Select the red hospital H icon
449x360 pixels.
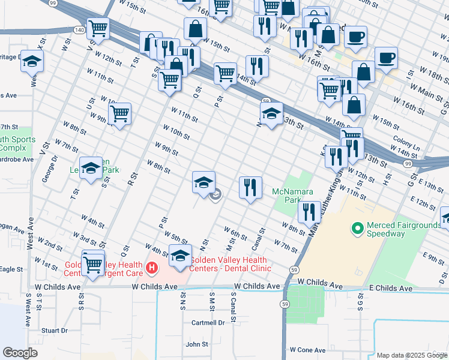pos(152,267)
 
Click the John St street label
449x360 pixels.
pos(197,344)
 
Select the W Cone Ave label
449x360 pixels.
pos(307,349)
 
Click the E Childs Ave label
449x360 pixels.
pos(391,289)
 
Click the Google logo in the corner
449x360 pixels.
pos(20,353)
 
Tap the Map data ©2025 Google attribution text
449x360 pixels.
pos(412,355)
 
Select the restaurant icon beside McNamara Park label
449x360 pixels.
pos(250,187)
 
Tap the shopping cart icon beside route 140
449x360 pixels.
pos(98,28)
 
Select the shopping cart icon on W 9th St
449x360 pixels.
pos(120,113)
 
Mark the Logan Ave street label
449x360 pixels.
pos(12,229)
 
